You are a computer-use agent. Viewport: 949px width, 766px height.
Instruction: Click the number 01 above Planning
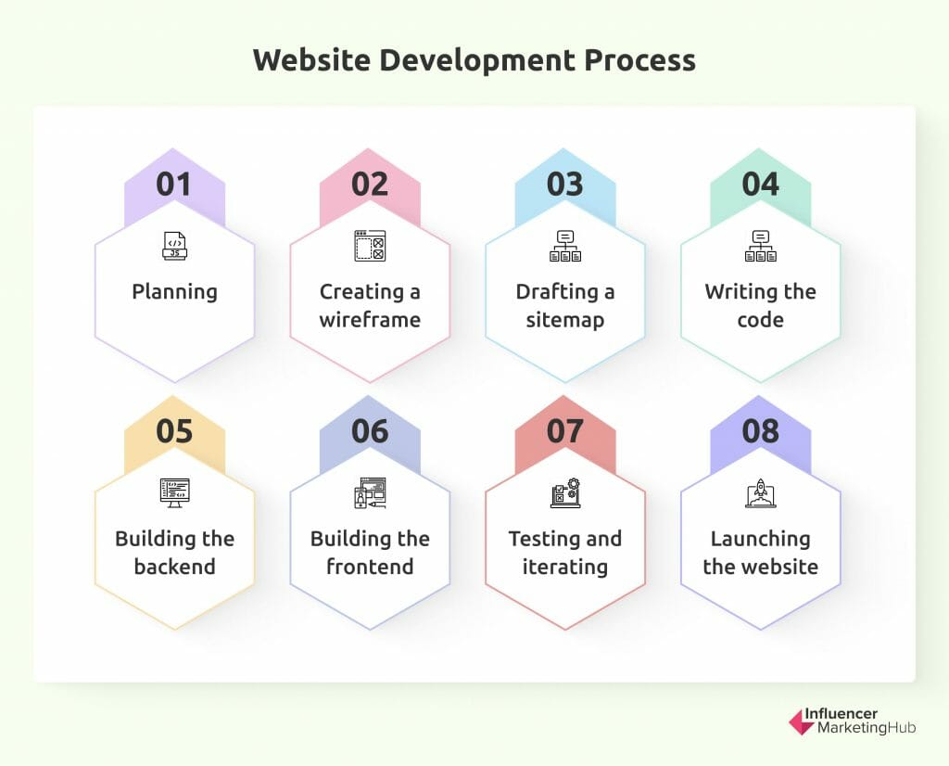tap(174, 184)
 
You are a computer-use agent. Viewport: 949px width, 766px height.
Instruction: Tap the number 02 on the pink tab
tap(370, 184)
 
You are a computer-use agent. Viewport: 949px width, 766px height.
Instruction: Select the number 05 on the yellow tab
tap(174, 431)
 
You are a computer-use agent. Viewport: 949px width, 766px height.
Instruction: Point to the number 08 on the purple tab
tap(760, 431)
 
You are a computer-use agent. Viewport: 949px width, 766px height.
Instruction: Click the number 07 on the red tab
tap(565, 431)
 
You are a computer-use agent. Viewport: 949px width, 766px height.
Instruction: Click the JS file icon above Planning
tap(174, 245)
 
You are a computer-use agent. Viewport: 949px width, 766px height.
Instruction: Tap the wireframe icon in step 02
tap(369, 246)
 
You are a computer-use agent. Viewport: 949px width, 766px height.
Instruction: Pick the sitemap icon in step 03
tap(565, 246)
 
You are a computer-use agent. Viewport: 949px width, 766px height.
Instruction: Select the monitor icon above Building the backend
tap(174, 492)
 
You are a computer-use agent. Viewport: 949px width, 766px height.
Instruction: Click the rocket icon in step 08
tap(761, 492)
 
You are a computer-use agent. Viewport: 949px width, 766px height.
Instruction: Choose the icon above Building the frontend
tap(369, 492)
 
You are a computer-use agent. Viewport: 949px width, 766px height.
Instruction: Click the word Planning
tap(174, 292)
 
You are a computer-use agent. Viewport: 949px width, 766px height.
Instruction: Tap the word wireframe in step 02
tap(370, 321)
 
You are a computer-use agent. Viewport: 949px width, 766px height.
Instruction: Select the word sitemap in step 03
tap(565, 321)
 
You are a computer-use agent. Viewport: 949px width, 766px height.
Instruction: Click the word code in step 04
tap(760, 321)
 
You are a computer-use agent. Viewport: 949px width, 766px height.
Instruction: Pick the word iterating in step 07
tap(565, 568)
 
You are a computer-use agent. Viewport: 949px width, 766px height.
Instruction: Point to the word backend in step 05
tap(174, 568)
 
